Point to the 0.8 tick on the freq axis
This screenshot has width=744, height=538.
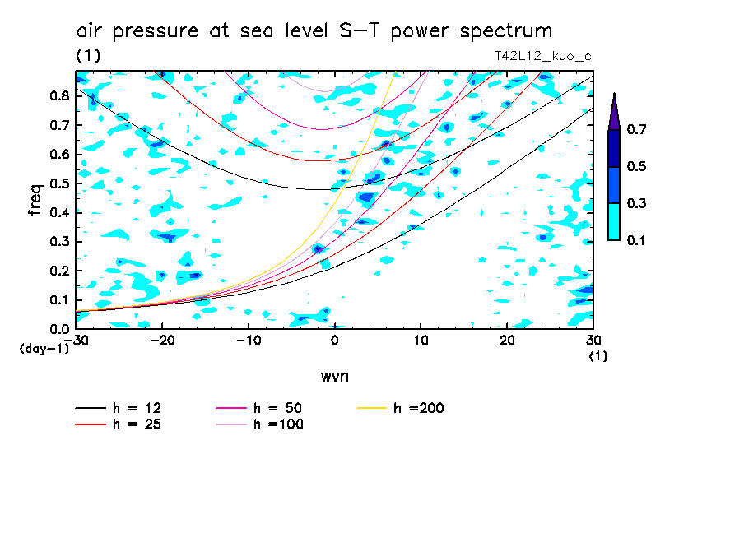tap(60, 95)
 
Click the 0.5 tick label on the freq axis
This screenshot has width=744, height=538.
tap(60, 183)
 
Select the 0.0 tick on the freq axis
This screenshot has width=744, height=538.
tap(60, 329)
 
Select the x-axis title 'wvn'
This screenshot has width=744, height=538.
tap(334, 376)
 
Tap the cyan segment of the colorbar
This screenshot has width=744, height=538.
tap(614, 221)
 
